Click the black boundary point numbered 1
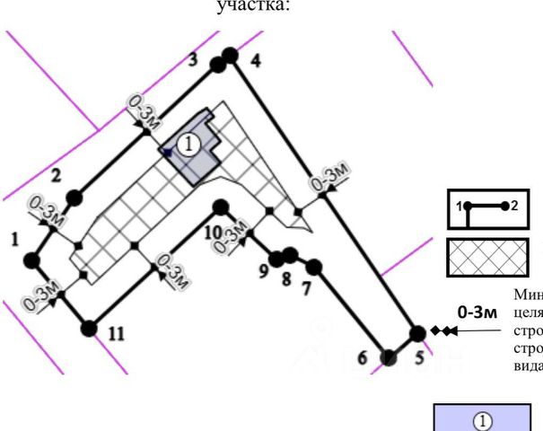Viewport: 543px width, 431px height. point(31,260)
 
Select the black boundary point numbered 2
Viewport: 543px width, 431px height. point(74,197)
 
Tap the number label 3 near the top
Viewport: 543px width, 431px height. point(192,60)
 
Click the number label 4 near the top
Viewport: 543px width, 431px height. point(255,61)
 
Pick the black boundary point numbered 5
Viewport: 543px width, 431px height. point(416,333)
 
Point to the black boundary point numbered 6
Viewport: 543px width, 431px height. point(389,357)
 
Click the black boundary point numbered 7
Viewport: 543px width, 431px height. point(313,267)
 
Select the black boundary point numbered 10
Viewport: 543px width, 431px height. point(218,208)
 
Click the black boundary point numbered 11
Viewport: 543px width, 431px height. point(88,328)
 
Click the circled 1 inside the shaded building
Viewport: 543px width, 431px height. point(188,144)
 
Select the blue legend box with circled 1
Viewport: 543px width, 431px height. point(482,418)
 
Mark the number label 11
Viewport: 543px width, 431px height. point(116,334)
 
